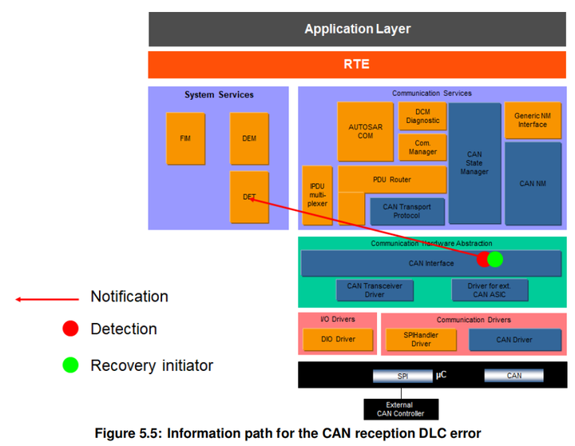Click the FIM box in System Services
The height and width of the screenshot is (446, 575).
(185, 138)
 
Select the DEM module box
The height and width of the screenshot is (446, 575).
(249, 138)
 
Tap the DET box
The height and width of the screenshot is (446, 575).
(249, 197)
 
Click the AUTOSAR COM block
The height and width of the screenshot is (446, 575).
(365, 131)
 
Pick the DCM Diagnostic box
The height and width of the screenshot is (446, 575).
(422, 116)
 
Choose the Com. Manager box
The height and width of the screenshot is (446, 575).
(422, 147)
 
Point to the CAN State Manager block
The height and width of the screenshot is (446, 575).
(474, 163)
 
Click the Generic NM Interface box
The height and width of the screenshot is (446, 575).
(533, 120)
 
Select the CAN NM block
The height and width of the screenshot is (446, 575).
(533, 184)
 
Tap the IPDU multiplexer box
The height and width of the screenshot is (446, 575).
(317, 195)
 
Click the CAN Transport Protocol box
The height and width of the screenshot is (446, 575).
(407, 212)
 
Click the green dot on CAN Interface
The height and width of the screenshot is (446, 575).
(495, 259)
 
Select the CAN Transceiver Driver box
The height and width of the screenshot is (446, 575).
(375, 290)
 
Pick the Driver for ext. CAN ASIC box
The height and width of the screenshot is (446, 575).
(490, 290)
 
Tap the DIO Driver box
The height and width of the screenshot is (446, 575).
(338, 340)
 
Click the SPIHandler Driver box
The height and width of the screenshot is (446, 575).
(421, 340)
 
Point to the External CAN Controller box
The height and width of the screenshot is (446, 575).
(401, 409)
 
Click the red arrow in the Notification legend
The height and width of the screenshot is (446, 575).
(47, 300)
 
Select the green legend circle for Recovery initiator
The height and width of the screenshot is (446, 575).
(70, 365)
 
